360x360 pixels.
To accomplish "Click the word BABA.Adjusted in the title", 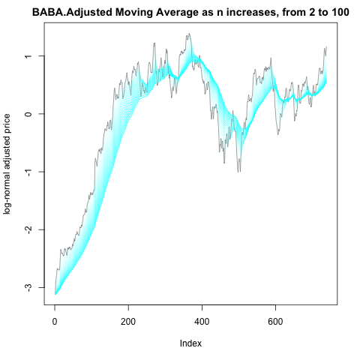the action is coord(72,12).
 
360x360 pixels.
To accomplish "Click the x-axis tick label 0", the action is coord(55,322).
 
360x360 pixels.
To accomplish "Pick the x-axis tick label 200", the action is coord(128,322).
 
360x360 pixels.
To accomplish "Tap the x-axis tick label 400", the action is coord(202,322).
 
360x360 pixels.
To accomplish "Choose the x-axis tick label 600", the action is coord(275,322).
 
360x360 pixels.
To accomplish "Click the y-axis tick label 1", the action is coord(28,56).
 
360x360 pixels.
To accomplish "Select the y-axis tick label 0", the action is coord(28,114).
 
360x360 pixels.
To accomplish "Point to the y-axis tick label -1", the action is coord(28,172).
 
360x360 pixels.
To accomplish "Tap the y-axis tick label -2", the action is coord(28,229).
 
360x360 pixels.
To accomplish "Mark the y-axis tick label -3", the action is coord(28,287).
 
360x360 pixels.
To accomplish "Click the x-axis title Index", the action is coord(190,343).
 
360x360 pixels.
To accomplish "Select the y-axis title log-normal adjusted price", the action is coord(7,164).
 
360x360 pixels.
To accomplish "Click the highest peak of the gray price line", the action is coord(189,33).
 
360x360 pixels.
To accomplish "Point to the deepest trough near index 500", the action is coord(238,172).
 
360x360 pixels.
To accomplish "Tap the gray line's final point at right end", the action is coord(326,46).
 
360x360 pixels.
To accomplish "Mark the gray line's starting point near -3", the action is coord(55,294).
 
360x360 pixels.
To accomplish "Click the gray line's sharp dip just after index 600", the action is coord(278,134).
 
